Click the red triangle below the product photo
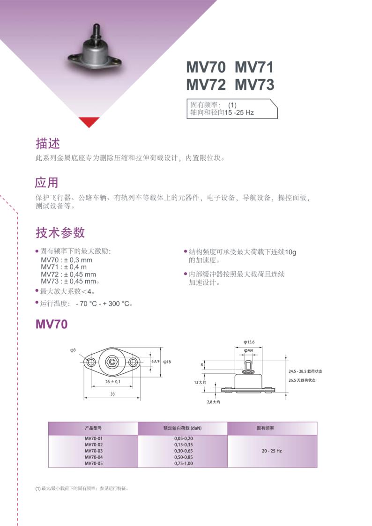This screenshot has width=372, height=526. (89, 121)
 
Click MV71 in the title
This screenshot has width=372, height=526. (254, 67)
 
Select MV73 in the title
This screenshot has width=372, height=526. (254, 84)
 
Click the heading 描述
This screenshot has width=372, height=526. (48, 143)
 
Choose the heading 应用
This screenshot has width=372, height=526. (47, 183)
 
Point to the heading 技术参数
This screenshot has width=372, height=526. (60, 232)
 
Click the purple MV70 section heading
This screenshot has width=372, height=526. (52, 324)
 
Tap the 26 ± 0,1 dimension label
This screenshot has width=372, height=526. (113, 382)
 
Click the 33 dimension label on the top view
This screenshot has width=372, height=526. (112, 394)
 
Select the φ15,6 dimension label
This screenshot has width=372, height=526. (249, 342)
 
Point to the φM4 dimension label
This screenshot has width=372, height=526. (249, 350)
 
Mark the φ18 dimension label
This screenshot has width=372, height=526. (167, 362)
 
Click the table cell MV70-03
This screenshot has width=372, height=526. (94, 451)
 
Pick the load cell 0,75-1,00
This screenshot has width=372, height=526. (184, 463)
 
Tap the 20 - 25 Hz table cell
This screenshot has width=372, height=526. (272, 451)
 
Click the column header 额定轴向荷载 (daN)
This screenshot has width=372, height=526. (182, 428)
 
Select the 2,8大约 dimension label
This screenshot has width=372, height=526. (213, 402)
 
